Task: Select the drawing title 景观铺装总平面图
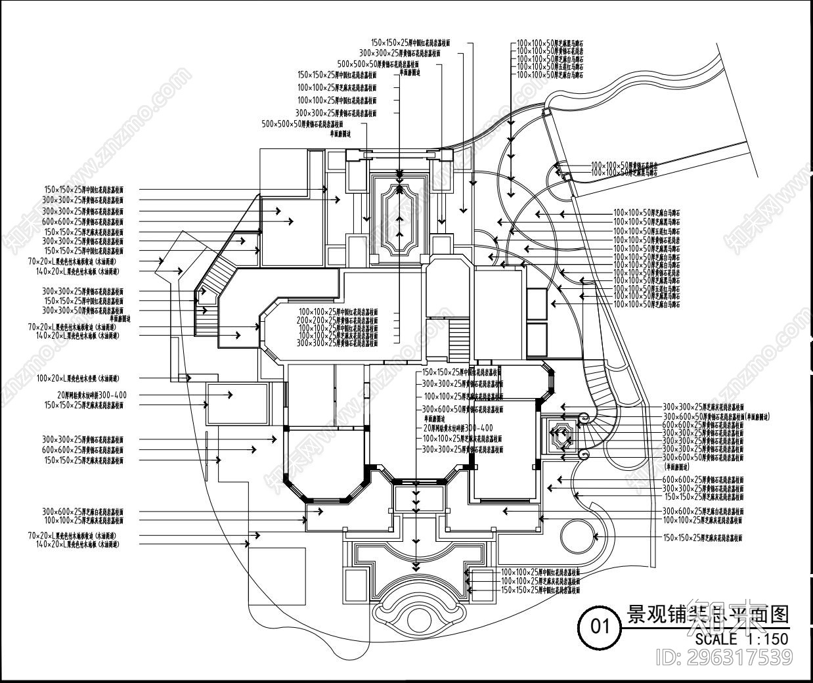pos(708,615)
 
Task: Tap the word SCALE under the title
pos(716,639)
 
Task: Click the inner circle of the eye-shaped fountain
pos(415,620)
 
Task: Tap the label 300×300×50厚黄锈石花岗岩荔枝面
pos(83,310)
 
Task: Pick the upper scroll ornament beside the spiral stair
pos(582,416)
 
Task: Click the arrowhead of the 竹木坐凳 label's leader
pos(188,378)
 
